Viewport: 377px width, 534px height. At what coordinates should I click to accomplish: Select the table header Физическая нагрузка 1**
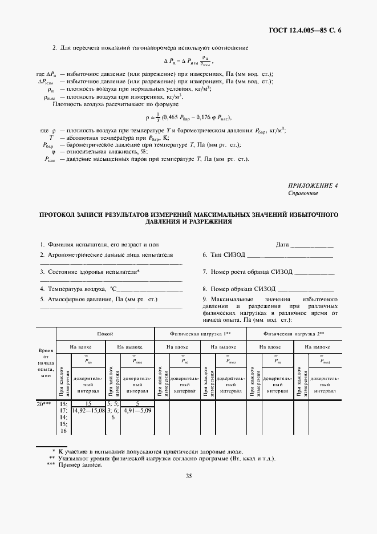pyautogui.click(x=200, y=334)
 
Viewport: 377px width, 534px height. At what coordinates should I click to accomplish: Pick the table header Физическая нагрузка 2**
pyautogui.click(x=294, y=334)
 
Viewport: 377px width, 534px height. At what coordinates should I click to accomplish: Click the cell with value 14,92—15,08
pyautogui.click(x=88, y=410)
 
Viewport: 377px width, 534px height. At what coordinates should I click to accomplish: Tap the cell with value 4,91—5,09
pyautogui.click(x=136, y=410)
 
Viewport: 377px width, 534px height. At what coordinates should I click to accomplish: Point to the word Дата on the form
pyautogui.click(x=282, y=244)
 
